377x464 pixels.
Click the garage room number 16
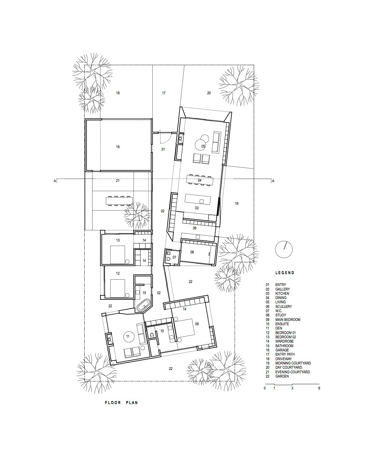tap(118, 147)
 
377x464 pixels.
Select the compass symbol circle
tap(284, 249)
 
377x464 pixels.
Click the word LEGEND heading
tap(285, 273)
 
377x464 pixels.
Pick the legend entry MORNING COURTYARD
tap(293, 363)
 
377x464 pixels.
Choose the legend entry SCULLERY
tap(284, 306)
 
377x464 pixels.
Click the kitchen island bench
tap(198, 199)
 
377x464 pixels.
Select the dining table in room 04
tap(200, 180)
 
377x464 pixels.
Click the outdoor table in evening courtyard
tap(119, 201)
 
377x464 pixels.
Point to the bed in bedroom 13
tap(118, 255)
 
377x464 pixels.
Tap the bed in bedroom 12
tap(118, 288)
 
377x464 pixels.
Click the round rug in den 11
tap(127, 337)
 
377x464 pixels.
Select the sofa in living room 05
tap(216, 142)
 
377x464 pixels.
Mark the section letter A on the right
tap(273, 181)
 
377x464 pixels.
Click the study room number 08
tap(192, 252)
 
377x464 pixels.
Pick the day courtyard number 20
tap(209, 93)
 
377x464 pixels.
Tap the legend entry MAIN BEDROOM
tap(288, 319)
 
